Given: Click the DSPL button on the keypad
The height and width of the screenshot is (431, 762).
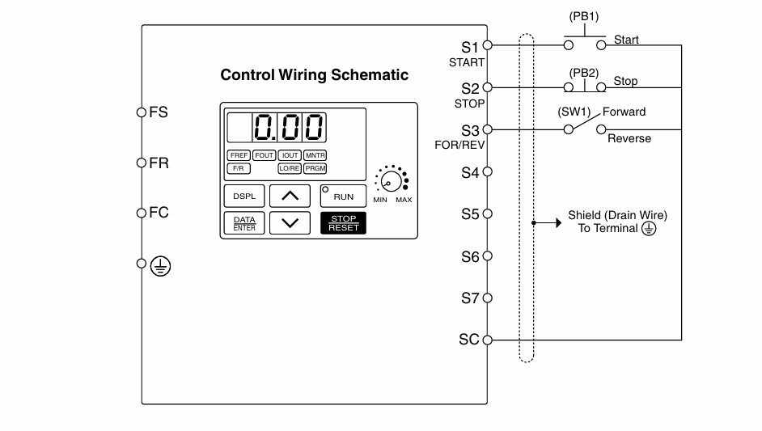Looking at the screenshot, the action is point(244,196).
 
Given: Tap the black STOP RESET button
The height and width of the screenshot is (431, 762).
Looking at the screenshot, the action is point(343,223).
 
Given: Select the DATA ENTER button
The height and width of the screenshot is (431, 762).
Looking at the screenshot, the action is point(244,223).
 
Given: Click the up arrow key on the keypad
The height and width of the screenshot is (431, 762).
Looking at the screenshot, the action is point(290,196).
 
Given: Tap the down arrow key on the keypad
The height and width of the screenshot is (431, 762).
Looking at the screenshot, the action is point(290,223).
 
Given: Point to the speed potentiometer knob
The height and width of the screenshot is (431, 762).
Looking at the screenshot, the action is point(392,181).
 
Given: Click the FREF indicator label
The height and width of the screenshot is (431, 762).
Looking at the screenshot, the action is point(239,155).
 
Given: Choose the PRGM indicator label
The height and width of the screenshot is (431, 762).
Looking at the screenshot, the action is point(315,169).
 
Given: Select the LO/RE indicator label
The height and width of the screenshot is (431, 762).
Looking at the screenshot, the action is point(290,169).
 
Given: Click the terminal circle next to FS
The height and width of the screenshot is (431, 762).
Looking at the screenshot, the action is point(142,112).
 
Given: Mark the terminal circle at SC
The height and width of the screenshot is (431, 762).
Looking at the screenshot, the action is point(488,340).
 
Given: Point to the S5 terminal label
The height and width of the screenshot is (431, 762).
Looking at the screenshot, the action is point(470,214).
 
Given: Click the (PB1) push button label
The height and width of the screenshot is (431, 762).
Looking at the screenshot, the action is point(584,16).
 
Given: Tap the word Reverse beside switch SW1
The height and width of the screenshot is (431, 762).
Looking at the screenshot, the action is point(629,138).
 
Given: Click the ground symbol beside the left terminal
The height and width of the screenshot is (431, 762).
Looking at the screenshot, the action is point(160,266).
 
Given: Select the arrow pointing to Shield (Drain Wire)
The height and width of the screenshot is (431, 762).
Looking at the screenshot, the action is point(547,223).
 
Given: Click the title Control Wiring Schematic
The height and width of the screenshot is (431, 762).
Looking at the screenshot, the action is point(315,75).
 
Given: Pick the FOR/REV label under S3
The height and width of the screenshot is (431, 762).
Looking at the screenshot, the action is point(459,145).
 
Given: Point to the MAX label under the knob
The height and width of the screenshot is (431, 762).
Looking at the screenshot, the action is point(404,200).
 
